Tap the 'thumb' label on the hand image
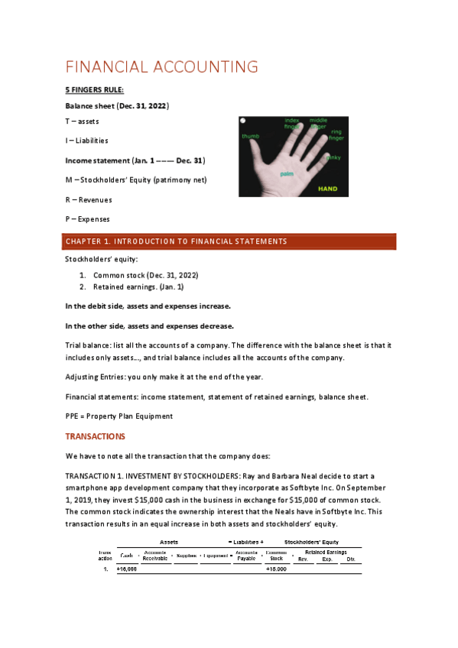(251, 137)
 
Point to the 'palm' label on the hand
(287, 174)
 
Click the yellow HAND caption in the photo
(327, 188)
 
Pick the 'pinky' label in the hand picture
(333, 157)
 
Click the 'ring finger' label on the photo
(336, 135)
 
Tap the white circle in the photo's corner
(243, 122)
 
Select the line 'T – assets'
(81, 122)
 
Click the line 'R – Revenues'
(88, 199)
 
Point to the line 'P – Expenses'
(87, 219)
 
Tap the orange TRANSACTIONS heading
(95, 436)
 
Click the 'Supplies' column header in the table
(187, 556)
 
